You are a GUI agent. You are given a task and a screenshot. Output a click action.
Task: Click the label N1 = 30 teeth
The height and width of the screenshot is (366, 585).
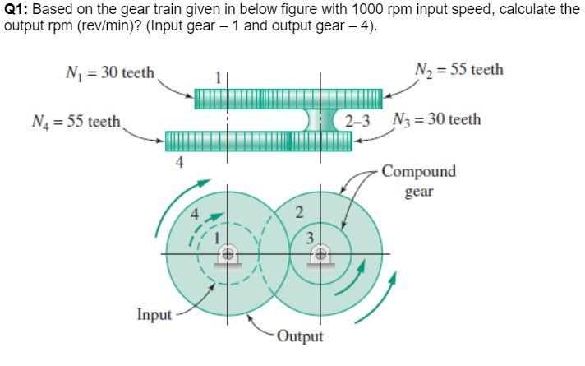pos(108,72)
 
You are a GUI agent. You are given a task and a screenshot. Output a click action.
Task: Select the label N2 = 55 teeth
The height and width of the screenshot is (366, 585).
pos(459,69)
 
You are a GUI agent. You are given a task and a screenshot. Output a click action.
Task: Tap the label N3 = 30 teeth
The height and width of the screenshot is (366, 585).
pos(437,120)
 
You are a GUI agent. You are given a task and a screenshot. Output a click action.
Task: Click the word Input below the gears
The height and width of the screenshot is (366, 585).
pos(154,314)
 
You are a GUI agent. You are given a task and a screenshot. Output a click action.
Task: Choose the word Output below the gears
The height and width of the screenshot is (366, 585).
pos(300,336)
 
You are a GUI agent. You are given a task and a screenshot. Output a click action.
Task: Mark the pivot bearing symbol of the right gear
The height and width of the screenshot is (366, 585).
pos(320,256)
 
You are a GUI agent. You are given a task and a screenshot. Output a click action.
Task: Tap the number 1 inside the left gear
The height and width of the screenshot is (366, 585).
pos(217,240)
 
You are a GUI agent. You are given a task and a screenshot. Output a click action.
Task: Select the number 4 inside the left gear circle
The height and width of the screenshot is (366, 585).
pos(195,215)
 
